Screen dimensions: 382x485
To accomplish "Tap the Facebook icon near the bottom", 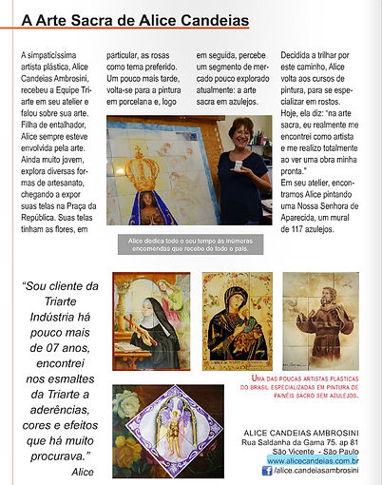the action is tap(269, 471).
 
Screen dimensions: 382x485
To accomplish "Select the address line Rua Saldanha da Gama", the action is tap(299, 442).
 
